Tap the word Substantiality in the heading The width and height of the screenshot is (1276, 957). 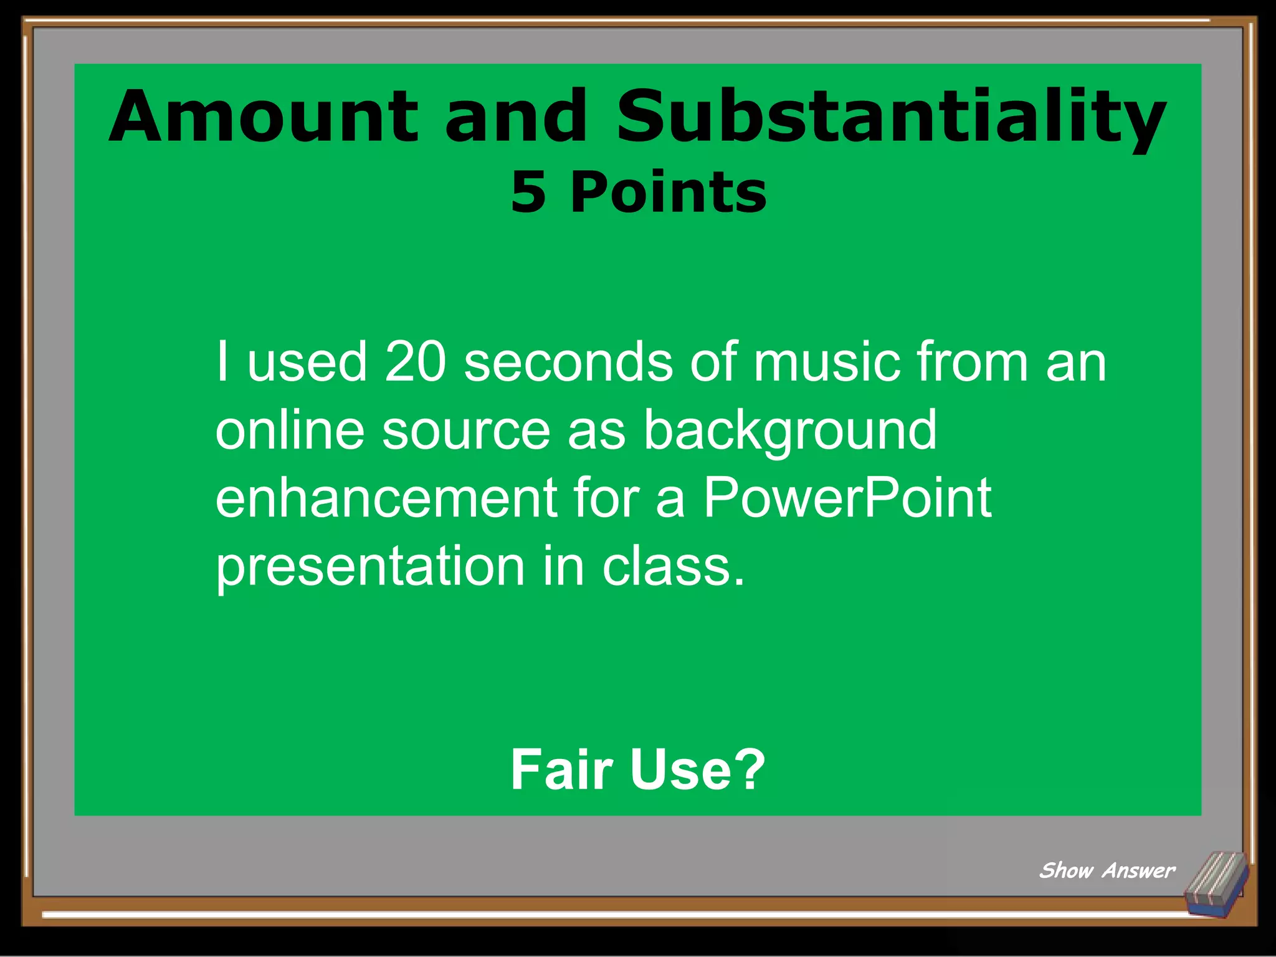pos(891,117)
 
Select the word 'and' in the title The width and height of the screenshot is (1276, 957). pos(516,117)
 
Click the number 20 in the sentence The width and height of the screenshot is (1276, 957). pos(416,362)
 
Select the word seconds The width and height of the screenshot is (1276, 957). pos(568,362)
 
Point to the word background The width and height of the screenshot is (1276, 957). pos(790,431)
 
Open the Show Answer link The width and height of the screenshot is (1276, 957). pos(1107,870)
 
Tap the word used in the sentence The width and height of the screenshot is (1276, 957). pos(307,362)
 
